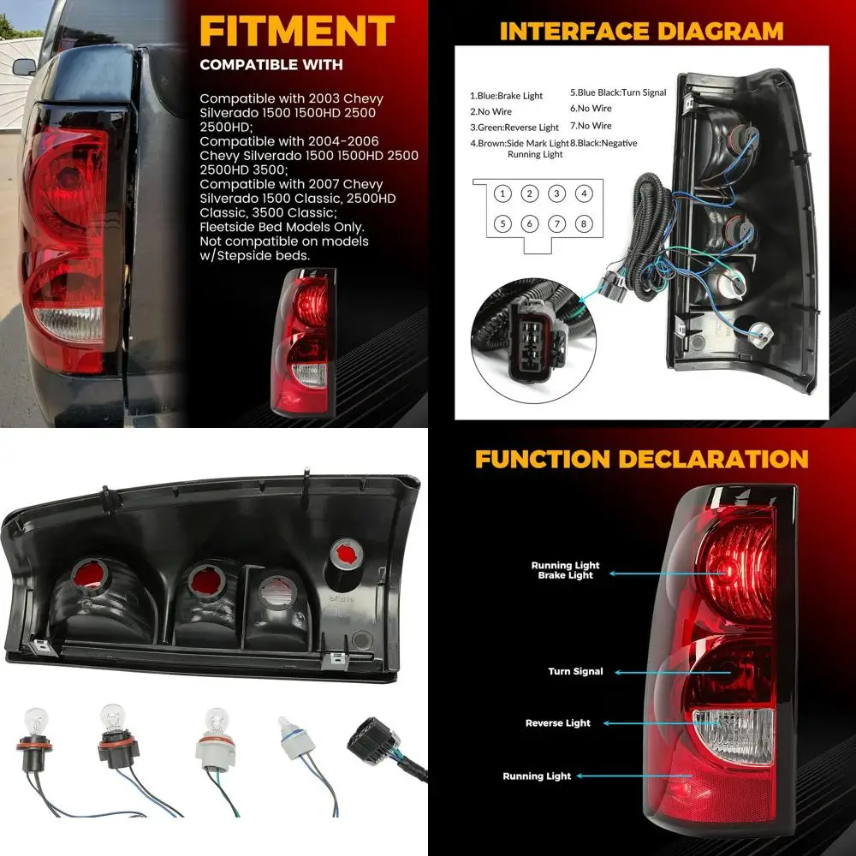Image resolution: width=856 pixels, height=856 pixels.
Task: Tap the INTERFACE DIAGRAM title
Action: click(641, 32)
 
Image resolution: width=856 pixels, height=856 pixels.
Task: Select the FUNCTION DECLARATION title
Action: click(641, 458)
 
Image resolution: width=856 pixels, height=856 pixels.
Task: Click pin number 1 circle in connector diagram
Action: click(503, 193)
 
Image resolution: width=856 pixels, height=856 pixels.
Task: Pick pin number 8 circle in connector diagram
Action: click(584, 224)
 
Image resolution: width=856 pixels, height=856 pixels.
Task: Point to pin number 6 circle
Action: click(530, 224)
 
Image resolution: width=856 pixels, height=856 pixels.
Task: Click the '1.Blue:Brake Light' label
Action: click(506, 96)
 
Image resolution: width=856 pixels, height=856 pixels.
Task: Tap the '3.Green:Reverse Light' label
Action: click(514, 128)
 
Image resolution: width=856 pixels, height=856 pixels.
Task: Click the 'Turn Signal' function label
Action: click(575, 672)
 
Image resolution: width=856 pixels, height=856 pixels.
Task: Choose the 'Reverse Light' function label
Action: click(558, 723)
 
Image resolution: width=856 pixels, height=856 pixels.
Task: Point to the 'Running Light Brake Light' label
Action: click(565, 570)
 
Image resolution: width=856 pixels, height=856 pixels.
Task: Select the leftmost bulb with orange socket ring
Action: click(33, 738)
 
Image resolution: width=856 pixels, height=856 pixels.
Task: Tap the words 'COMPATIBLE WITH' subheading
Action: click(270, 65)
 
